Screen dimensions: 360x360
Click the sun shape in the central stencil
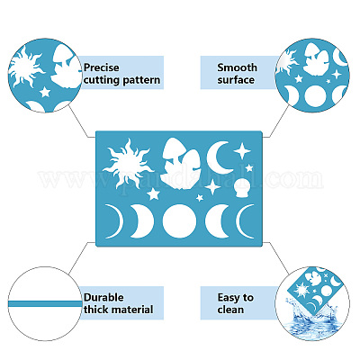click(x=127, y=166)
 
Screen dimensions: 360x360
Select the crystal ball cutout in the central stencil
click(x=244, y=188)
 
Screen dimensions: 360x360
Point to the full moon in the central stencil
click(x=179, y=221)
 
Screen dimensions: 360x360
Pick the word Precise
click(x=102, y=67)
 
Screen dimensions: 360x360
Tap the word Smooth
click(x=237, y=67)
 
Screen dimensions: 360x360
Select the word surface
click(x=236, y=80)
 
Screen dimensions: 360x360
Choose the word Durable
click(x=103, y=298)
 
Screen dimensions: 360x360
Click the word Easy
click(x=229, y=298)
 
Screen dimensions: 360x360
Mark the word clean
click(x=230, y=310)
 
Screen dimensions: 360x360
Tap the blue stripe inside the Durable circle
click(x=45, y=303)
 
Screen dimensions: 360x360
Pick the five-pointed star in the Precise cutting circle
click(x=45, y=92)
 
